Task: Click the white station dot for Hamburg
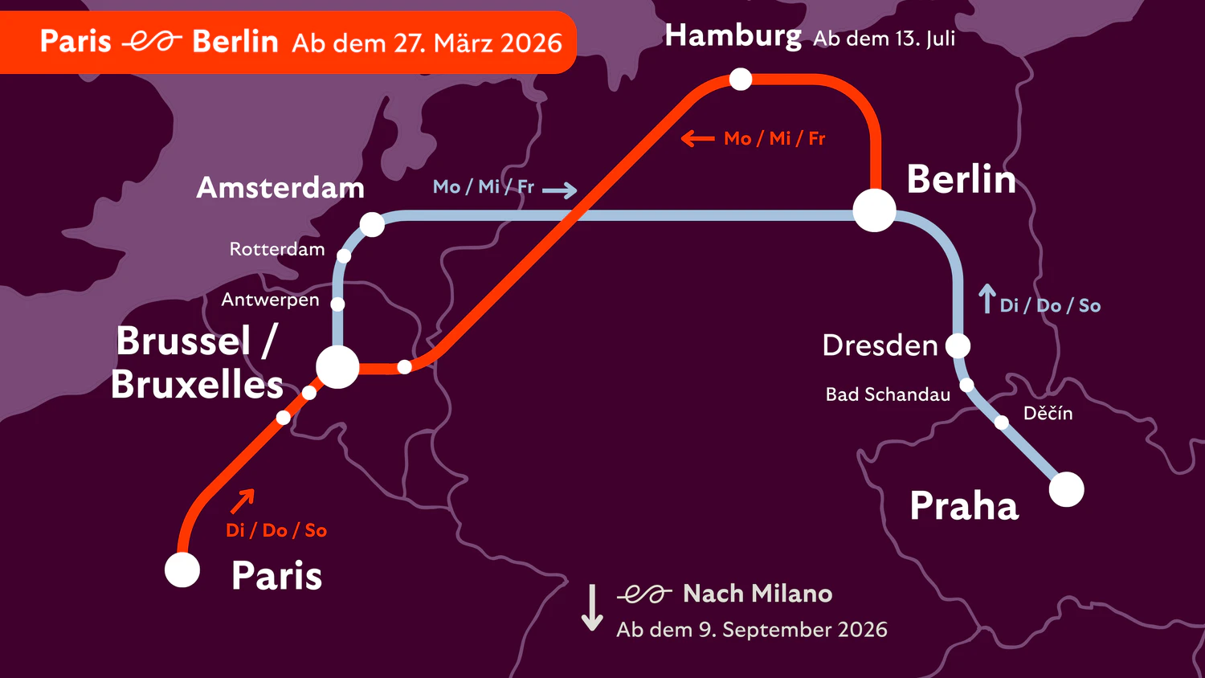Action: pos(740,79)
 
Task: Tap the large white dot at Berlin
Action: pos(874,210)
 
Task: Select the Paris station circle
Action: pos(182,570)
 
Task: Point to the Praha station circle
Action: pos(1067,489)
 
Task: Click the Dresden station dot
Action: pos(958,345)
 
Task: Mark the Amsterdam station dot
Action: pos(372,224)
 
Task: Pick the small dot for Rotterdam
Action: pos(344,255)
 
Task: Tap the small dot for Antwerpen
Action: pos(338,304)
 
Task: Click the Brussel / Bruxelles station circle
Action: pos(337,367)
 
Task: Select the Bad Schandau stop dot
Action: pos(967,385)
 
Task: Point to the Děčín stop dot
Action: pos(1002,423)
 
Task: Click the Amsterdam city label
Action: pos(280,188)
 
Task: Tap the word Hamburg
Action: pos(733,36)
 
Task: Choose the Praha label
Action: pos(964,506)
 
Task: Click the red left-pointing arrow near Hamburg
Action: pos(697,139)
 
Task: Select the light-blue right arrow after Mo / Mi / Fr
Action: pos(559,190)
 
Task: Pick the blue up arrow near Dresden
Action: pos(987,299)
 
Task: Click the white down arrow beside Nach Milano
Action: pos(592,607)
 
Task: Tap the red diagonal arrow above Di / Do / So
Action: pos(242,500)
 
